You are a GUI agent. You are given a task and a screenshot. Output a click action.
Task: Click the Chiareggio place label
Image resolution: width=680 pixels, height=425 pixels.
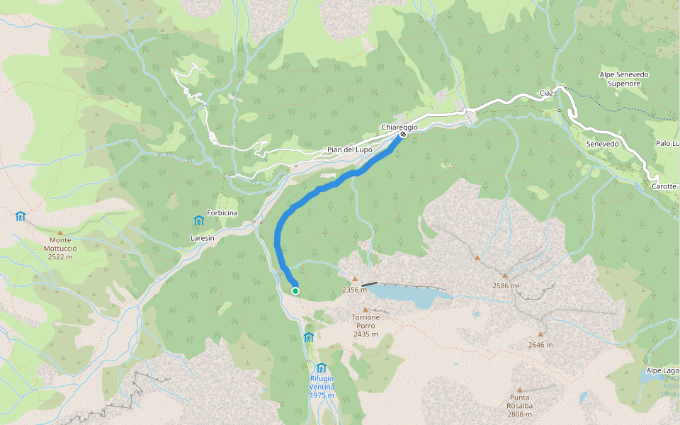click(x=399, y=127)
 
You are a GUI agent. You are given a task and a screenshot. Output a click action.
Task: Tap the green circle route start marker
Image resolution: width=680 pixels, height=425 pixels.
click(x=295, y=290)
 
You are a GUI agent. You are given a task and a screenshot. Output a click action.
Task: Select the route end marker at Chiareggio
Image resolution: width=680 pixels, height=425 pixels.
click(x=402, y=134)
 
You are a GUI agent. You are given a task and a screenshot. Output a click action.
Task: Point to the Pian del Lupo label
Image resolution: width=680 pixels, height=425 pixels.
click(x=349, y=149)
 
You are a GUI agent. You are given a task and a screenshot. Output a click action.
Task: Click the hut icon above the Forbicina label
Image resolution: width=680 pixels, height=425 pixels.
click(x=198, y=220)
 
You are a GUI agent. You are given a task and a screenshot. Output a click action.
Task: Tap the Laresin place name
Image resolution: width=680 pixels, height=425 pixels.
click(x=202, y=239)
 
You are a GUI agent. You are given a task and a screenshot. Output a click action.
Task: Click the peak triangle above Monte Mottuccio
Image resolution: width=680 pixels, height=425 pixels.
click(x=60, y=232)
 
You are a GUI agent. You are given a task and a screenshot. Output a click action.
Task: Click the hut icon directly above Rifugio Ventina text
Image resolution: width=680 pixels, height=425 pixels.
click(x=322, y=367)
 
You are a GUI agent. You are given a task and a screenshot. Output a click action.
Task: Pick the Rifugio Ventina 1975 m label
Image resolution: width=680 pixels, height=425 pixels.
click(x=322, y=387)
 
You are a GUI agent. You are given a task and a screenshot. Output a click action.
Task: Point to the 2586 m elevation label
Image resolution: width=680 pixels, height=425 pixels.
click(x=505, y=286)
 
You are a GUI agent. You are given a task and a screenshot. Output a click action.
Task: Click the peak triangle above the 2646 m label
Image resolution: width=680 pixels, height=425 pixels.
click(x=540, y=334)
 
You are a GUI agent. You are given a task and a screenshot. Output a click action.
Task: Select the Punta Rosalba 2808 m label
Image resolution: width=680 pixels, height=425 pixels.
click(x=520, y=402)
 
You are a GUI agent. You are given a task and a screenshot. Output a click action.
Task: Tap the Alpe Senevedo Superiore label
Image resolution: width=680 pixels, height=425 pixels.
click(x=624, y=79)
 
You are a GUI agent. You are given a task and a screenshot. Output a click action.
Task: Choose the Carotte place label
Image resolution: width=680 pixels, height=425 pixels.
click(x=664, y=187)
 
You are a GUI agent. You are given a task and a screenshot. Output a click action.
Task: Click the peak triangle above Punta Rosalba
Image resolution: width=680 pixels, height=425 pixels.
click(x=520, y=390)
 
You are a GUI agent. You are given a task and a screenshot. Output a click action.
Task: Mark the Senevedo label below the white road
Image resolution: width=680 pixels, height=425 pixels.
click(x=603, y=144)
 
